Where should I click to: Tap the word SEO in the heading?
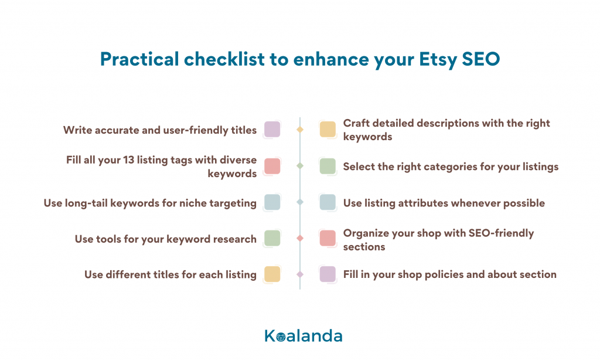481,59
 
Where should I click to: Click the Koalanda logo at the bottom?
304,336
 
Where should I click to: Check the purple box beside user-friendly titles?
272,130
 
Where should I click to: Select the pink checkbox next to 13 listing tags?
272,166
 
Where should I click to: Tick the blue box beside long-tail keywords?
272,202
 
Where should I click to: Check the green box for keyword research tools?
272,238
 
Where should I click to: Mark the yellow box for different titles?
272,274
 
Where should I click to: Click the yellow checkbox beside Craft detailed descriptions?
328,130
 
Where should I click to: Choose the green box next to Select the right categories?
328,166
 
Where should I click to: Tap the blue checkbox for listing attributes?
328,202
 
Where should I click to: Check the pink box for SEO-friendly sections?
328,238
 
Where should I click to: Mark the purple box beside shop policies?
328,274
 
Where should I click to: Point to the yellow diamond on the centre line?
300,130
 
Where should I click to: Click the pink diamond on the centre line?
300,238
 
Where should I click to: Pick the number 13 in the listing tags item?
128,159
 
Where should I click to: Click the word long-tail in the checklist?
87,203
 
